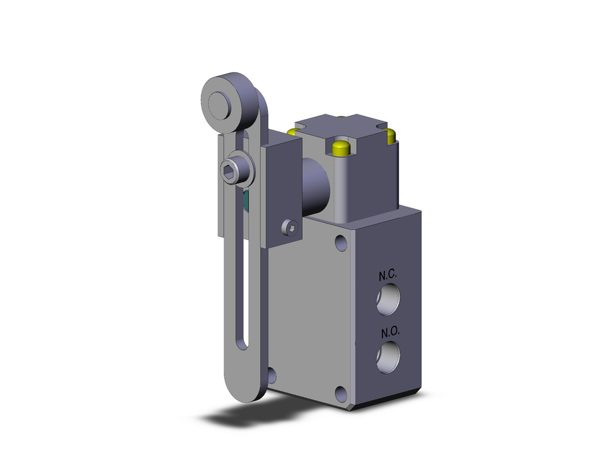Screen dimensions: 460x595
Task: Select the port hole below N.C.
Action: point(389,302)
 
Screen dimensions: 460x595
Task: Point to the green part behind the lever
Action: point(246,201)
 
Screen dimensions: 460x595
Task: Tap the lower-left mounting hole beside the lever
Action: point(272,374)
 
